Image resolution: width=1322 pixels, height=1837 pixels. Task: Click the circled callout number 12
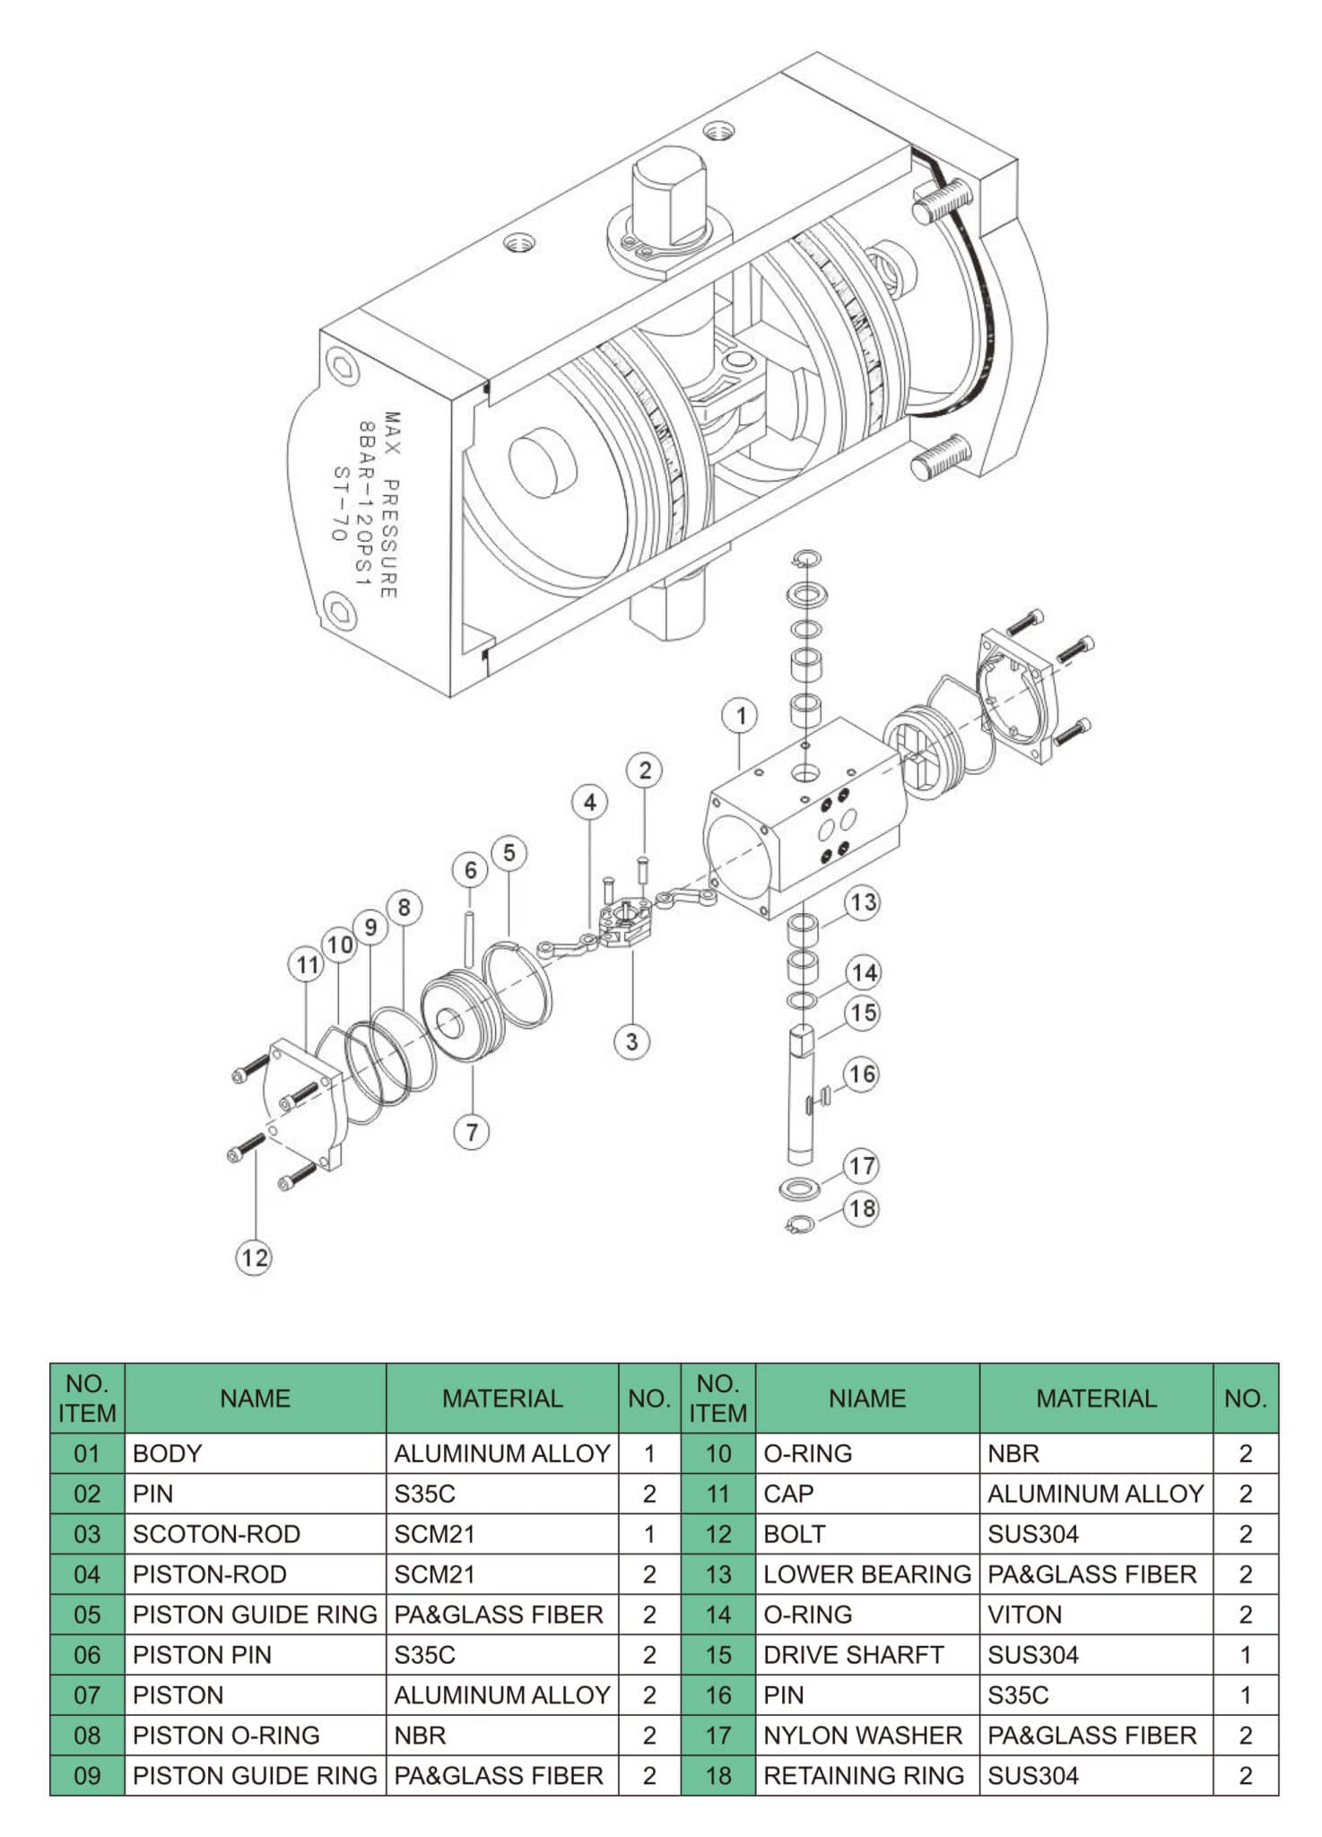[x=254, y=1257]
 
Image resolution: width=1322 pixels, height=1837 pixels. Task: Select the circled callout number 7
[x=472, y=1131]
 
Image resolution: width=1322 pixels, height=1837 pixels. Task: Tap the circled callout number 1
[x=740, y=715]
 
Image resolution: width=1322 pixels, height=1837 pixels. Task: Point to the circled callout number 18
[x=862, y=1208]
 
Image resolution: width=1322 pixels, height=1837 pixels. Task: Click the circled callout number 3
[x=631, y=1041]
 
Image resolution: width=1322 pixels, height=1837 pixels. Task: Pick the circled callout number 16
[x=862, y=1074]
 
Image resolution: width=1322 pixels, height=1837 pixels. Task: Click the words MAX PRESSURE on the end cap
[x=391, y=504]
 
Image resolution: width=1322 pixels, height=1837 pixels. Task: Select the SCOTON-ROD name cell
[x=216, y=1534]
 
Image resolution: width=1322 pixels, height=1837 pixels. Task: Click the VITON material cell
[x=1024, y=1615]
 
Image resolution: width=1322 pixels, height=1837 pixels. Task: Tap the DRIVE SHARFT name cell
[x=853, y=1655]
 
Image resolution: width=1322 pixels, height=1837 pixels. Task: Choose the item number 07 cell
[x=87, y=1695]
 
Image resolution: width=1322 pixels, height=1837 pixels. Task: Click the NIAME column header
[x=866, y=1398]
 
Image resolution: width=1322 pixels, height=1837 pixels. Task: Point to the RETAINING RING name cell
[x=863, y=1775]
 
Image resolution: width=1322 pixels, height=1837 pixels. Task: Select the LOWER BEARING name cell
[x=866, y=1574]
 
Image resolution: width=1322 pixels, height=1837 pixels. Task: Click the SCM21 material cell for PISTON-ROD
[x=434, y=1574]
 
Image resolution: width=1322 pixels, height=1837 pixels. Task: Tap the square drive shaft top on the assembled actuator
[x=668, y=199]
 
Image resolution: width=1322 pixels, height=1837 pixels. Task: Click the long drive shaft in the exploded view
[x=800, y=1099]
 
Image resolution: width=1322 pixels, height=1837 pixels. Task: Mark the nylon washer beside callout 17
[x=799, y=1188]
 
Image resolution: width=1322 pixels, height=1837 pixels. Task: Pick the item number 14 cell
[x=718, y=1615]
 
